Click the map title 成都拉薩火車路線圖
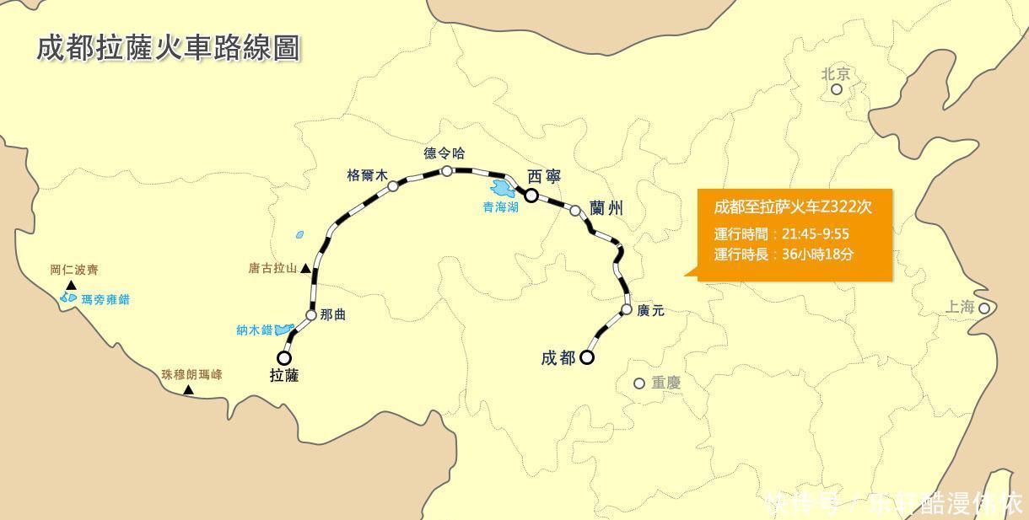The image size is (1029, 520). (x=168, y=48)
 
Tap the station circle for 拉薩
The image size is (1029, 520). (x=284, y=358)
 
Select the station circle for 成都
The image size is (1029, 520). (x=586, y=357)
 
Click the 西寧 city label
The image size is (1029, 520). (x=544, y=176)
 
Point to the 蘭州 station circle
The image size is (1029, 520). (x=575, y=211)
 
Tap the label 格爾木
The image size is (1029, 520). (x=367, y=175)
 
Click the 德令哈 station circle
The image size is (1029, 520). (x=446, y=171)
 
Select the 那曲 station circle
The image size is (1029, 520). (x=310, y=315)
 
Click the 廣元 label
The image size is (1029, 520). (x=651, y=311)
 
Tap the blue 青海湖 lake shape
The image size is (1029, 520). (x=504, y=188)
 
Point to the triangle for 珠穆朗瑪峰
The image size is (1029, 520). (x=188, y=389)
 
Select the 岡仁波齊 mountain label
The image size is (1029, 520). (x=74, y=271)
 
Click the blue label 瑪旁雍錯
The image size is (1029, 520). (x=105, y=299)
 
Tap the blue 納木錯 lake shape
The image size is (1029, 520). (x=285, y=330)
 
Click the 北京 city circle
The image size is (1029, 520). (x=837, y=89)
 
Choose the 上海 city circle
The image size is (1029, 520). (x=983, y=308)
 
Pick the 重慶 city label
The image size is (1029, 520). (x=665, y=383)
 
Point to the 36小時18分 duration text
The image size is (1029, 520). (x=817, y=254)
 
